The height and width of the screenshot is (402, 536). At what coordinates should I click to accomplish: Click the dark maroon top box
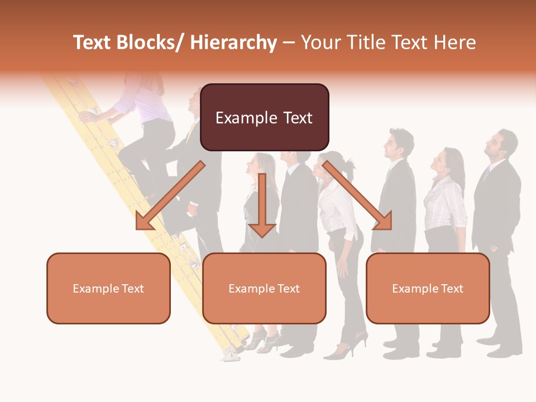[x=264, y=117]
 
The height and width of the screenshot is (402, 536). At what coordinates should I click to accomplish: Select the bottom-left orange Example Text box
[x=108, y=288]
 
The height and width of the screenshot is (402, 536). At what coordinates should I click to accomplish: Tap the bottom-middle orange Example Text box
[x=264, y=288]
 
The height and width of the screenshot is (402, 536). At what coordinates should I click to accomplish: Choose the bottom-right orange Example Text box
[x=428, y=288]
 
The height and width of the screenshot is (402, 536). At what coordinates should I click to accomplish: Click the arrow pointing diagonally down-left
[x=170, y=196]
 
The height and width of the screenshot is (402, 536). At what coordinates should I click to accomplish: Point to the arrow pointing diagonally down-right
[x=358, y=196]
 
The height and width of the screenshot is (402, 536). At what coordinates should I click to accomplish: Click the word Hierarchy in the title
[x=233, y=42]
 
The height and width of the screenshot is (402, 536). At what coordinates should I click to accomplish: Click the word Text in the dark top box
[x=291, y=118]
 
